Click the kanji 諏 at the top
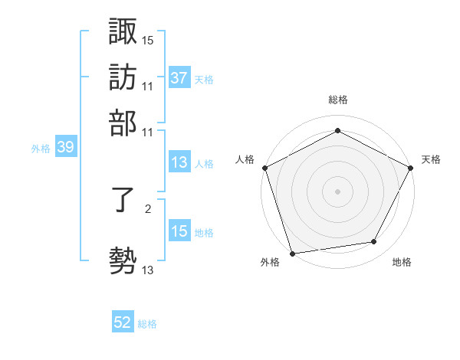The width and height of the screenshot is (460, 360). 123,32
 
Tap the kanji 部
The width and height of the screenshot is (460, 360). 123,122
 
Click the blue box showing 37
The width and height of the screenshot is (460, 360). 179,78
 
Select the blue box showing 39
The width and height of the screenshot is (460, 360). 65,148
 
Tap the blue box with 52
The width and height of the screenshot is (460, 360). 123,323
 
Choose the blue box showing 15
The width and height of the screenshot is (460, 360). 179,231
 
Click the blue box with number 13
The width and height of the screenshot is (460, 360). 179,162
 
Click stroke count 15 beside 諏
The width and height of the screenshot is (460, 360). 147,39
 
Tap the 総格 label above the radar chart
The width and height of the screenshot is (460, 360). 337,100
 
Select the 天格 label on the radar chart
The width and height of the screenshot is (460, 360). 431,159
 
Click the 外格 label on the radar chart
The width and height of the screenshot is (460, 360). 270,263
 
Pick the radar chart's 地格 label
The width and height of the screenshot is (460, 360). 402,263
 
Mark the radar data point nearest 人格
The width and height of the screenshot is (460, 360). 264,168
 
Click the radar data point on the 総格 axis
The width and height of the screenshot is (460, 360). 337,131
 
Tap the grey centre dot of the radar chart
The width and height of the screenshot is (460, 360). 337,191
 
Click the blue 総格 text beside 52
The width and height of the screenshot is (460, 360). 147,324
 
